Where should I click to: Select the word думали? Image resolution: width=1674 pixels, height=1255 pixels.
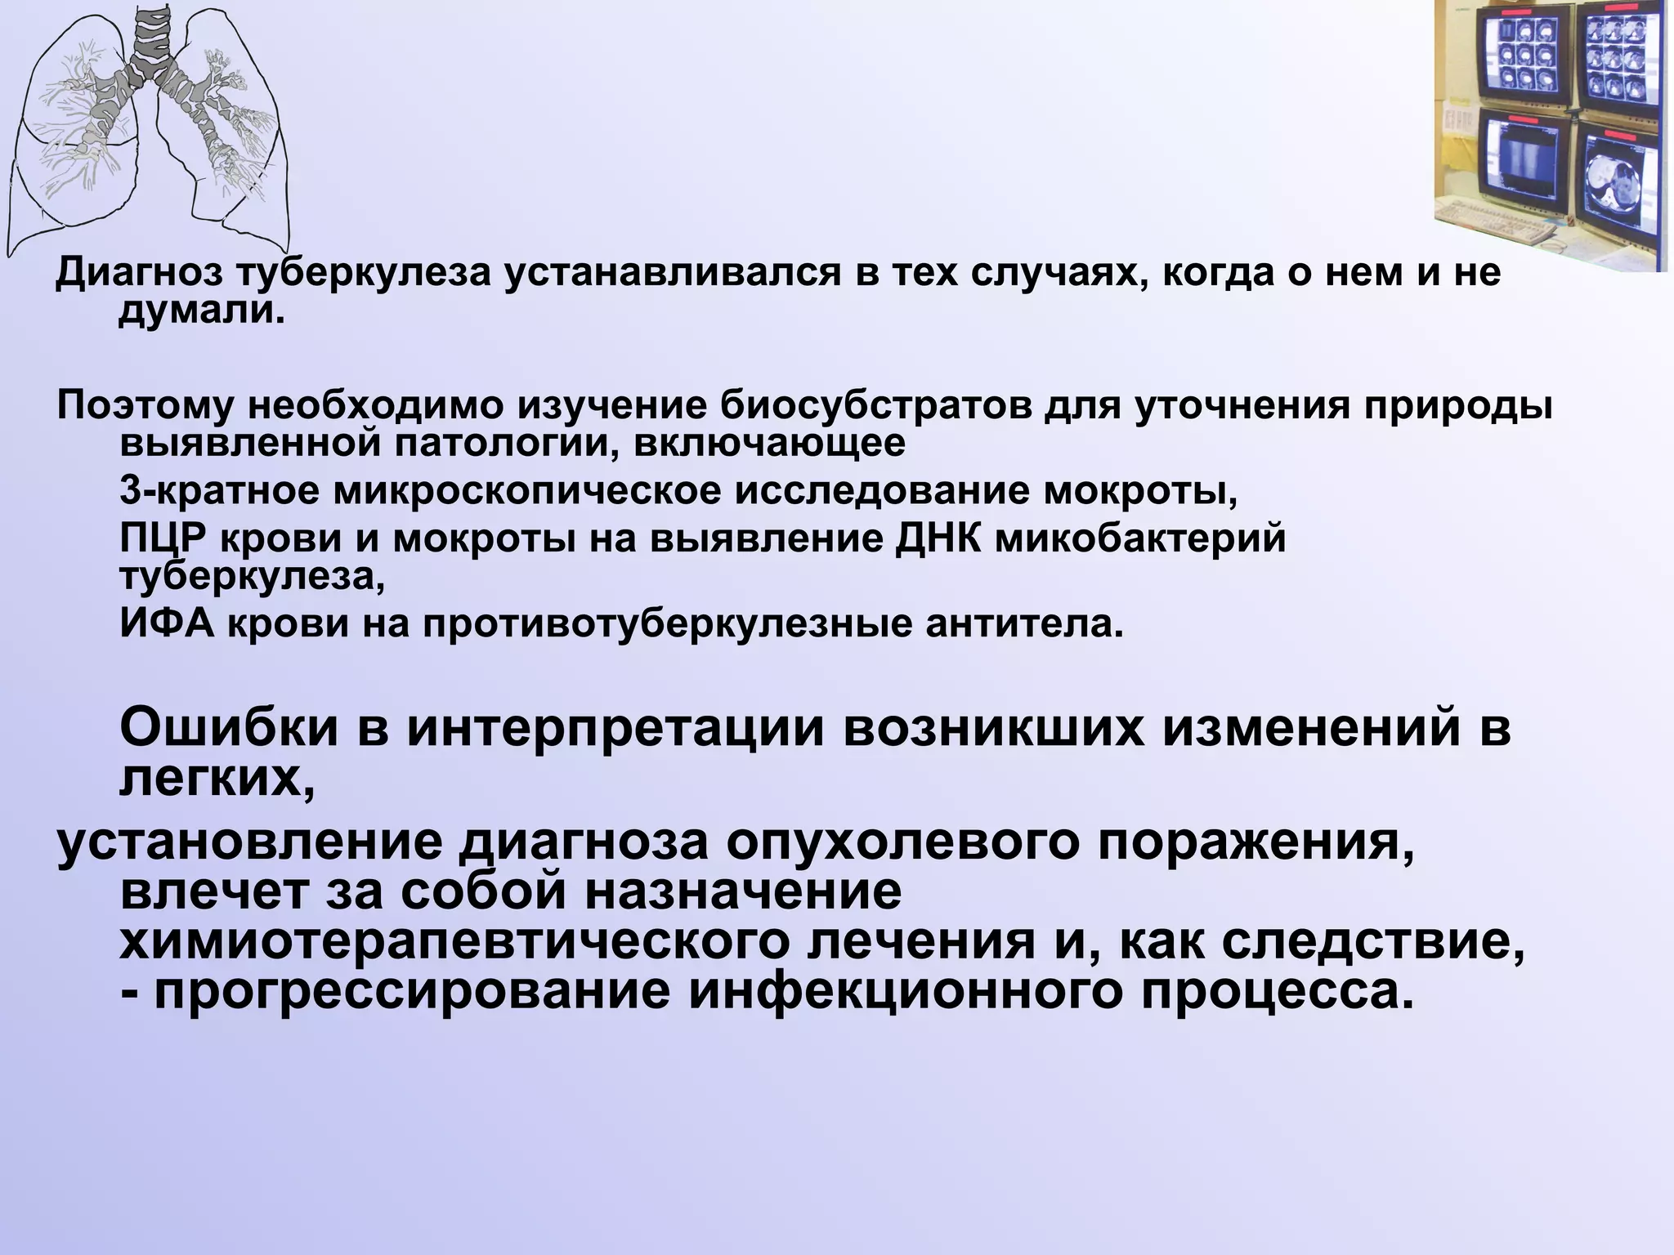(202, 311)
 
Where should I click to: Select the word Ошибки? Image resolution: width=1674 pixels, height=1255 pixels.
(229, 728)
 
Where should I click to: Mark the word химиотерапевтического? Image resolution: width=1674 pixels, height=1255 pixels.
(458, 943)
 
